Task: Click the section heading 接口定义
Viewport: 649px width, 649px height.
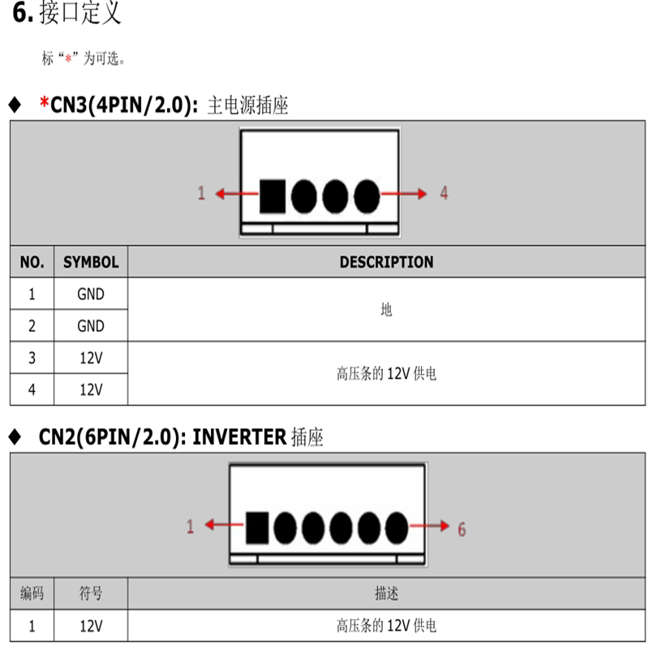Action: (80, 14)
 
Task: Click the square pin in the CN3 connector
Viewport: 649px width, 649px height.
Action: (272, 196)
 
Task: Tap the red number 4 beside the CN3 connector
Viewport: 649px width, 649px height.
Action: (444, 193)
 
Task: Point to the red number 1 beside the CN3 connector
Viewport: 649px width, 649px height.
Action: (201, 193)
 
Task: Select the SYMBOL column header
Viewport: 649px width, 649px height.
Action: (91, 262)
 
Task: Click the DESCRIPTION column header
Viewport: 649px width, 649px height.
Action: (386, 262)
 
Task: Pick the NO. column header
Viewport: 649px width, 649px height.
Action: (32, 262)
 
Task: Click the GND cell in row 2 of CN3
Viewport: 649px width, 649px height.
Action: (91, 326)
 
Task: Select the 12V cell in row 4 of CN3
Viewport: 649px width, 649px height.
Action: (91, 389)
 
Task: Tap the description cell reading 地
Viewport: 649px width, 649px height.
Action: (386, 310)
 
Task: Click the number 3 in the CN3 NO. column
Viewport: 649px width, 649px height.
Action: (32, 358)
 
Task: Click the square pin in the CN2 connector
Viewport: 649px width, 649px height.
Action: (257, 528)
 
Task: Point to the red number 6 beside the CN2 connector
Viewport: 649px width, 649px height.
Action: (462, 529)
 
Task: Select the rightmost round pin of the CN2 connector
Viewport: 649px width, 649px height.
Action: (396, 528)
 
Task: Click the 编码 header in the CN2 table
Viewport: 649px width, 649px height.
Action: (32, 594)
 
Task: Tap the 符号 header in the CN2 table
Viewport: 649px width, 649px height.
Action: (91, 594)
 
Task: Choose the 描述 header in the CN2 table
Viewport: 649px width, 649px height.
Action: (386, 594)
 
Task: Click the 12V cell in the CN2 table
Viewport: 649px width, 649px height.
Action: (91, 625)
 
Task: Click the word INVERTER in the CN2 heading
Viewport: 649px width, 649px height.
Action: (239, 437)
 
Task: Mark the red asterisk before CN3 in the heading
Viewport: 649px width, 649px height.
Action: (44, 103)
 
